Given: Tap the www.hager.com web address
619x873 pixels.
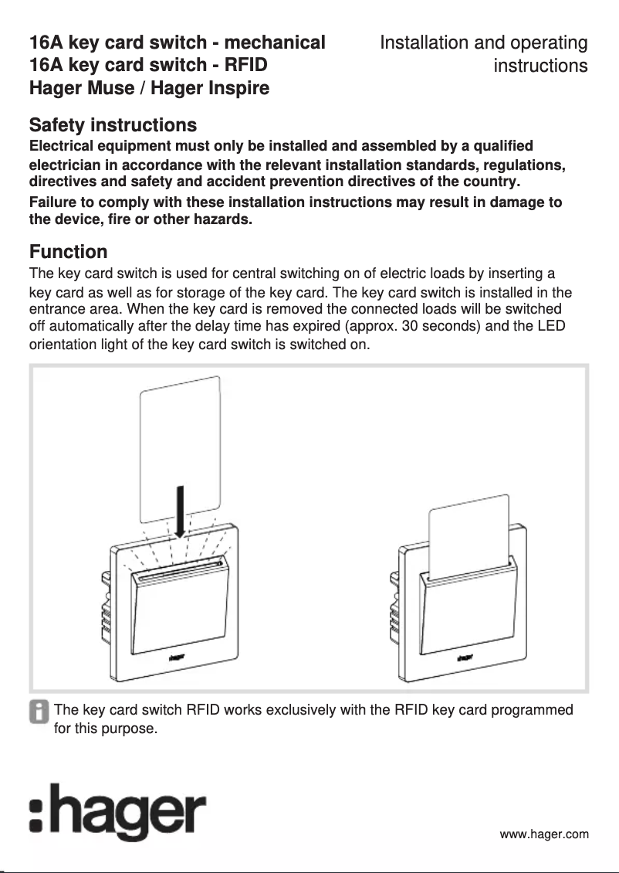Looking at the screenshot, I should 543,834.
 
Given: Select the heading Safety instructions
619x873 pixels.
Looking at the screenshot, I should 113,125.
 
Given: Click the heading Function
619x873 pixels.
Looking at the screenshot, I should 68,252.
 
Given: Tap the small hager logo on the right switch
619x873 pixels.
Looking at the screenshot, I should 464,658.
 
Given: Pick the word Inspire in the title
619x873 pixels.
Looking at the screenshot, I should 235,88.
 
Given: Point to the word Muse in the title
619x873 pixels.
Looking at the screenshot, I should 109,88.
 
